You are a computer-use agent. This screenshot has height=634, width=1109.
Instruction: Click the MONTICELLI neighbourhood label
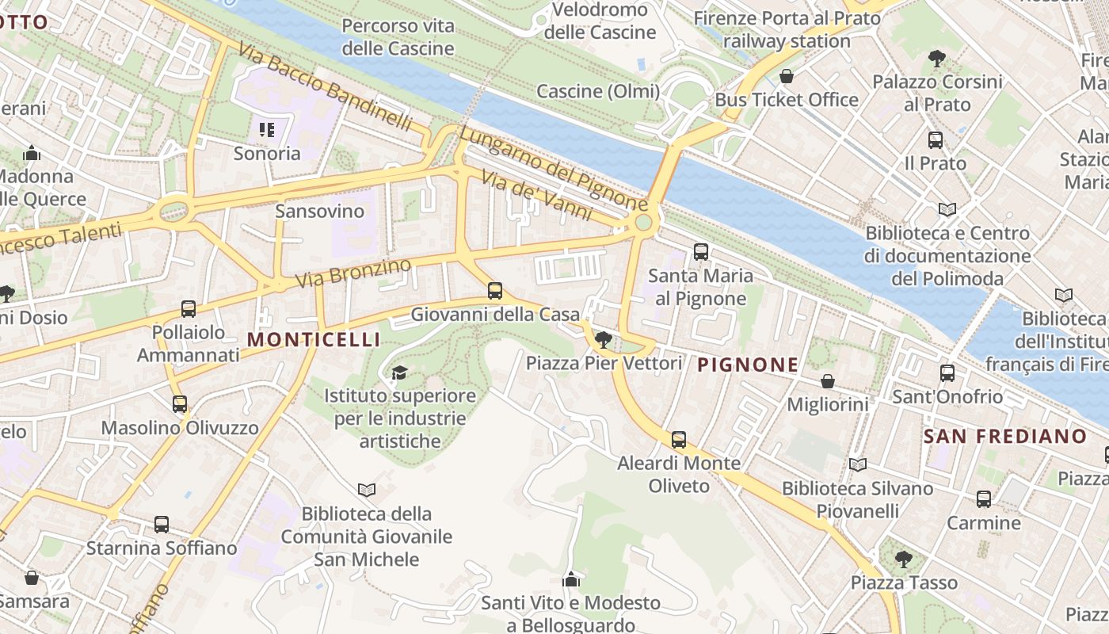314,340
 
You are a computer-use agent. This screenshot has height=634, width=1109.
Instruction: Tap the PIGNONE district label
748,365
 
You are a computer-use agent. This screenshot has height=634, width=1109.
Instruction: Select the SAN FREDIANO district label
1005,436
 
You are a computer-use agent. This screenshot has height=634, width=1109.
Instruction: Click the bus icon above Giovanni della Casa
495,291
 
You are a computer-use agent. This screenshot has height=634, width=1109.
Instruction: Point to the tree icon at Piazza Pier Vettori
603,340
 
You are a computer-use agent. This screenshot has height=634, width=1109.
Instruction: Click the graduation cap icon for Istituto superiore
399,372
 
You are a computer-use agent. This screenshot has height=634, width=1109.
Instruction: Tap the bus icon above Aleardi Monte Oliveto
679,440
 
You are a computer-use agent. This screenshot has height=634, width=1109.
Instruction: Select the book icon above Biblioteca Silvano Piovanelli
857,464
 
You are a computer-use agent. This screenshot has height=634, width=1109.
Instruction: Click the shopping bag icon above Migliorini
828,381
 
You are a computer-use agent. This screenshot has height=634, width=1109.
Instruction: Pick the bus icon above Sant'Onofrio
947,373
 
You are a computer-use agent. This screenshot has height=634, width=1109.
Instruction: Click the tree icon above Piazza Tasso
903,560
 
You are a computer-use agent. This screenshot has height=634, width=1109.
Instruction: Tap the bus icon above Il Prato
936,140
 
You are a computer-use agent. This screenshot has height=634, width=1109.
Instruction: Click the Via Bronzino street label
353,272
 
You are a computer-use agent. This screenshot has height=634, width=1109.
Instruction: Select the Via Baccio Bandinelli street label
325,87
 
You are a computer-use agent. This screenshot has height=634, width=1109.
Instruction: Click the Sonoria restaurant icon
267,129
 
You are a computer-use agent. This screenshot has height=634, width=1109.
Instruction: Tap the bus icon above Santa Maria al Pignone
701,252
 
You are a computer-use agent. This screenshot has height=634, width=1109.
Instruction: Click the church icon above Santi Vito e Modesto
570,580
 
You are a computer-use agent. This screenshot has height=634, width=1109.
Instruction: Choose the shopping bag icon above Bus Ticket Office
787,76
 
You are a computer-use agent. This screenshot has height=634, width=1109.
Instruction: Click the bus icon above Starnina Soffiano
162,525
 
